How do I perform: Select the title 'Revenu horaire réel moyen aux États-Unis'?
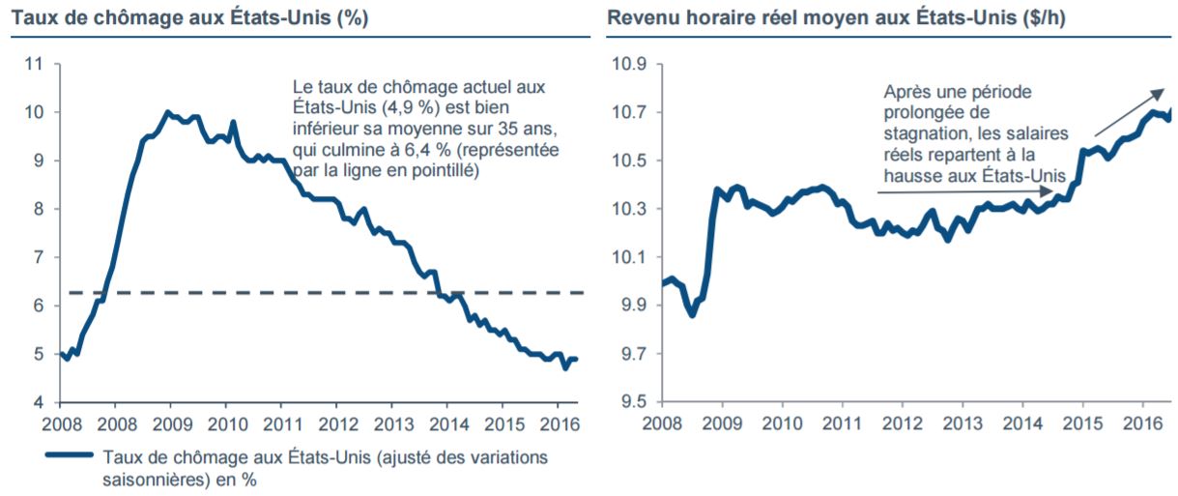[837, 17]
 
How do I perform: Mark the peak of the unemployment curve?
[168, 113]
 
